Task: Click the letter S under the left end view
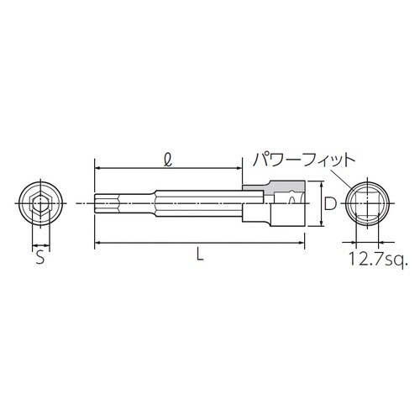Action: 39,260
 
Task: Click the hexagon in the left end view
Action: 39,203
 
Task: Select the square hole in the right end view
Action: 369,203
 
